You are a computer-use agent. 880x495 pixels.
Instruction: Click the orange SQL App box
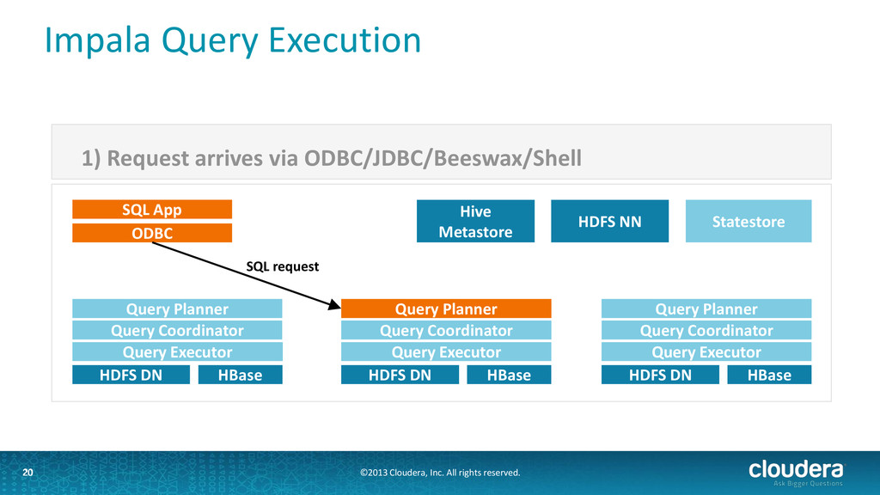(152, 210)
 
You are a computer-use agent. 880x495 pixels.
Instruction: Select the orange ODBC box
(152, 233)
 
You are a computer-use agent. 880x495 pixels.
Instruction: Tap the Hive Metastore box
(475, 221)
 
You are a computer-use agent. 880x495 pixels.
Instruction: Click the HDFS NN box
(609, 221)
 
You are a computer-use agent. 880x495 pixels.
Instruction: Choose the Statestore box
(749, 221)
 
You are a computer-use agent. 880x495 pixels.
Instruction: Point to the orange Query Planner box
(446, 309)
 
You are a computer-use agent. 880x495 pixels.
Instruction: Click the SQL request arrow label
(282, 266)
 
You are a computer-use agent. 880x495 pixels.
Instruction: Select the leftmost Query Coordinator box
(177, 330)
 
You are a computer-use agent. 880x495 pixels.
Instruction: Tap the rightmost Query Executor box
(706, 351)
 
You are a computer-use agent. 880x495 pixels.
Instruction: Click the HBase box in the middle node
(509, 375)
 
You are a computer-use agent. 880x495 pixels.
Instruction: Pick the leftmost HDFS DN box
(131, 375)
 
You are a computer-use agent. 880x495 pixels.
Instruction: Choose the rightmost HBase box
(769, 375)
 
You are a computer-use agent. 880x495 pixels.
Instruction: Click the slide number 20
(27, 473)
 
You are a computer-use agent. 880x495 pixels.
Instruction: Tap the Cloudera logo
(796, 472)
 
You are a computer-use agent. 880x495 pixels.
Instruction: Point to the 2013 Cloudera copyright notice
(440, 473)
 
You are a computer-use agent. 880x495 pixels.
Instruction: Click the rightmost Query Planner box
(706, 309)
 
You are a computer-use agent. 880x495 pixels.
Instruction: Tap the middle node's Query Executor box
(446, 351)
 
